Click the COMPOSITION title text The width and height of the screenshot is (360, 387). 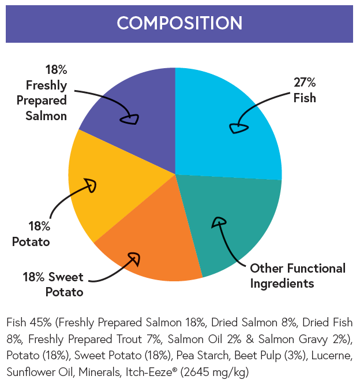pyautogui.click(x=179, y=23)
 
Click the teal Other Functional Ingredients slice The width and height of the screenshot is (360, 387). pyautogui.click(x=231, y=231)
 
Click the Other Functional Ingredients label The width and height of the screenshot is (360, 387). pyautogui.click(x=297, y=276)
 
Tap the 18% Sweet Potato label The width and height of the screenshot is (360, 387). pyautogui.click(x=53, y=284)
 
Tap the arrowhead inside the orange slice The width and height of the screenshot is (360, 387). pyautogui.click(x=133, y=258)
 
